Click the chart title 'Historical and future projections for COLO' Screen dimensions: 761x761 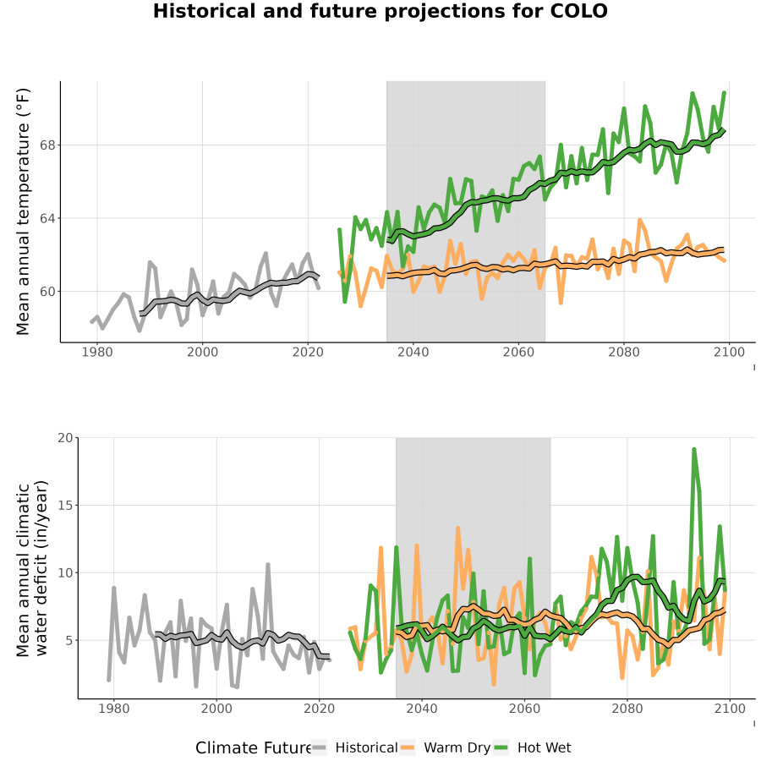(x=380, y=11)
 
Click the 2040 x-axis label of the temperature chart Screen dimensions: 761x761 (x=413, y=352)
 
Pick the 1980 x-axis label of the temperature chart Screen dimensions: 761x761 (x=97, y=352)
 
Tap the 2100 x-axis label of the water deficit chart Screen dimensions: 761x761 (x=730, y=709)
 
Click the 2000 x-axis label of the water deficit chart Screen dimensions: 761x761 (x=216, y=709)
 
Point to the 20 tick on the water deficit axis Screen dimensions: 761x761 (x=65, y=438)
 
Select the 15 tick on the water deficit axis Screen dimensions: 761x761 (x=65, y=506)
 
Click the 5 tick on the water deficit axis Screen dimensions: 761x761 (x=69, y=641)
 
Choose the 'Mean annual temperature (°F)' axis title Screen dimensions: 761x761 (x=23, y=211)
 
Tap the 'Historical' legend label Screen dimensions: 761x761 (x=366, y=747)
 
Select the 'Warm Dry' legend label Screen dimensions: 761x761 (x=457, y=747)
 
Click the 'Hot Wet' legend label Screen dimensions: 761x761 (x=544, y=747)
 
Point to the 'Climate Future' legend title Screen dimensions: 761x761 (x=254, y=747)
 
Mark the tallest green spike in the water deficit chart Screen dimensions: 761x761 (x=694, y=450)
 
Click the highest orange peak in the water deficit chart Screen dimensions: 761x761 (x=457, y=528)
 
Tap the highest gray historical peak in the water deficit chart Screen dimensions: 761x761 (x=267, y=565)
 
